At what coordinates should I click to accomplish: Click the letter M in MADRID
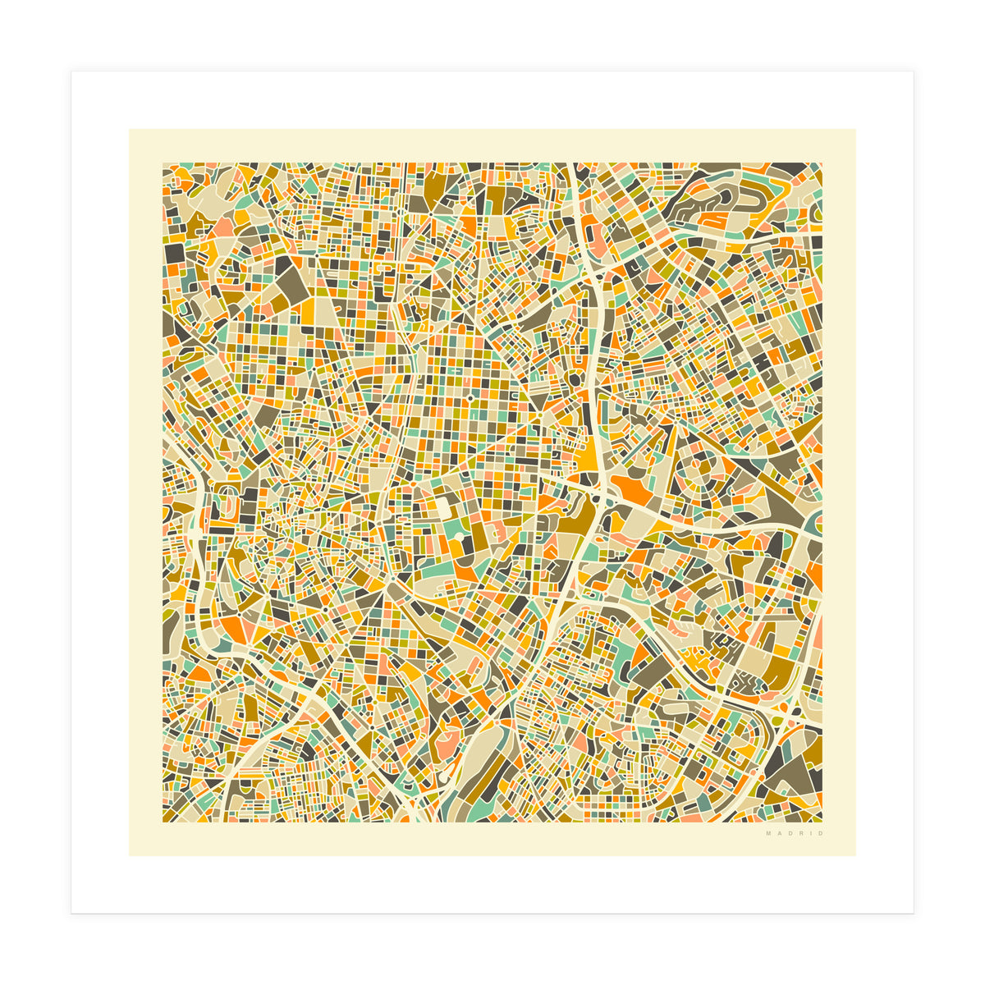(768, 834)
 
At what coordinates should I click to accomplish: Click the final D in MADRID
(819, 834)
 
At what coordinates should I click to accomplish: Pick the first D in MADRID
(790, 834)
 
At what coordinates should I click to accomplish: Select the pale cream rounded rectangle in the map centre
(444, 510)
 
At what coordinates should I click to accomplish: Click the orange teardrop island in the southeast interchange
(783, 707)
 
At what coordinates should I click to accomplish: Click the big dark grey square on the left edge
(175, 254)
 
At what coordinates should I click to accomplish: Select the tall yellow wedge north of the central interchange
(590, 451)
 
